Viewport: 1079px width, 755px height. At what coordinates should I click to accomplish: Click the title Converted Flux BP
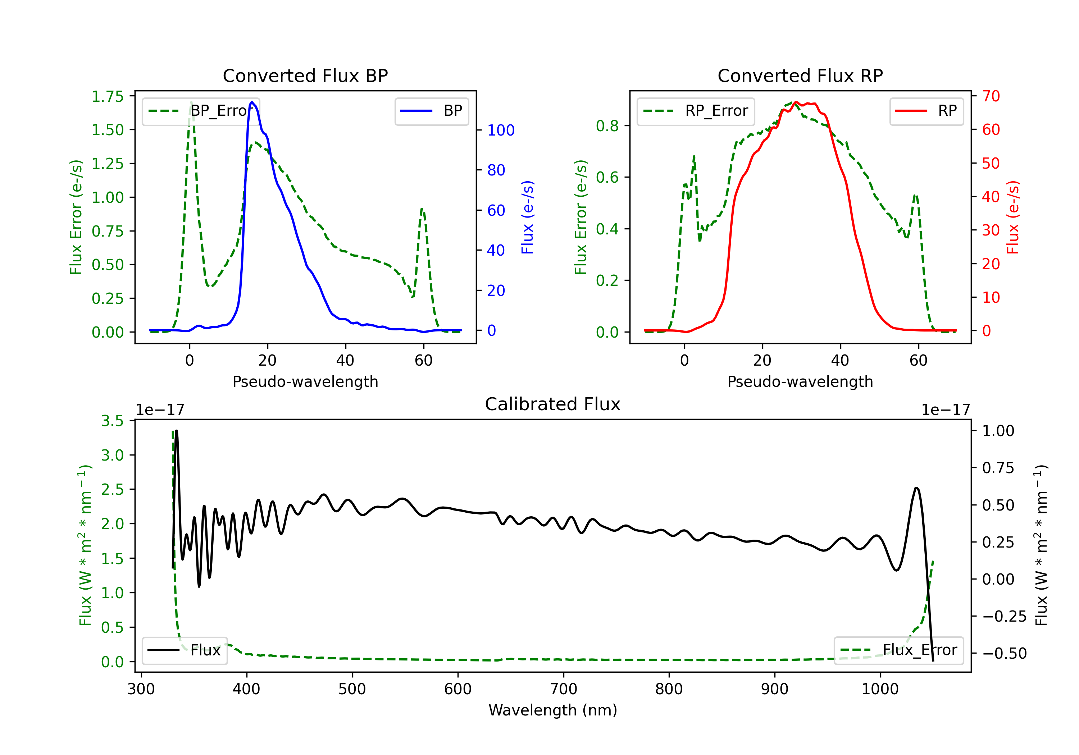[x=305, y=75]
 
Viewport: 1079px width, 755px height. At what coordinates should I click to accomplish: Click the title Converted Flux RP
[x=800, y=75]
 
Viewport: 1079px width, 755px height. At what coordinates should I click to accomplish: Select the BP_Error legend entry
[x=201, y=111]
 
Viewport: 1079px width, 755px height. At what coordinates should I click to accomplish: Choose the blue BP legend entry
[x=431, y=111]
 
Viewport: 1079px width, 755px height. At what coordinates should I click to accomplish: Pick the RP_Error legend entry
[x=696, y=111]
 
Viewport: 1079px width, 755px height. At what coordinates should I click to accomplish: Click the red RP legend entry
[x=926, y=111]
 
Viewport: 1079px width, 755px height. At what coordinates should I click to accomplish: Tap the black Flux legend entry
[x=184, y=650]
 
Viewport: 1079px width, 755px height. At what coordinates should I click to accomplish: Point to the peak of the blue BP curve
[x=252, y=102]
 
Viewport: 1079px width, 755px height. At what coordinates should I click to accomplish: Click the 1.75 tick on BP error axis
[x=107, y=96]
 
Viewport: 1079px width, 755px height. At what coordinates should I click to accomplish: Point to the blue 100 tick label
[x=501, y=130]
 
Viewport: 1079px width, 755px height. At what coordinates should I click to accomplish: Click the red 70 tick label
[x=991, y=96]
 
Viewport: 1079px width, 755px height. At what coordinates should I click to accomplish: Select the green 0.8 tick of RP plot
[x=607, y=125]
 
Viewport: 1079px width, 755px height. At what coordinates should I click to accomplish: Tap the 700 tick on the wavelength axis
[x=564, y=689]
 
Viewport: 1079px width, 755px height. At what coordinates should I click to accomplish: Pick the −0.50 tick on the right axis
[x=1004, y=653]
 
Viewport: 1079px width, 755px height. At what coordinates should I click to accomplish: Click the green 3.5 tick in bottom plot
[x=112, y=421]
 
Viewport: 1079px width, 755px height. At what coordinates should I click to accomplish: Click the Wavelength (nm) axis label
[x=553, y=710]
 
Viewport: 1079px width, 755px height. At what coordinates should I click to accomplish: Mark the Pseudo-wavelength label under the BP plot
[x=305, y=381]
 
